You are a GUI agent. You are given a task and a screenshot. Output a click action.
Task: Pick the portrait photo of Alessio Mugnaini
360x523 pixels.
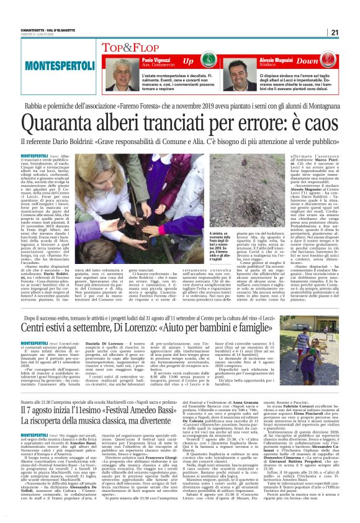pyautogui.click(x=242, y=74)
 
